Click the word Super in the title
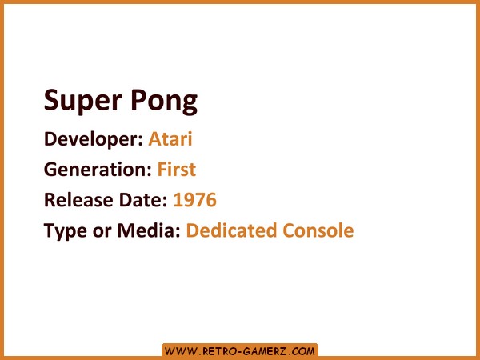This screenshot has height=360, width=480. (83, 102)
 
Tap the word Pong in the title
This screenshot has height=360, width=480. (164, 102)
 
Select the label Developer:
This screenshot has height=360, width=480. (94, 139)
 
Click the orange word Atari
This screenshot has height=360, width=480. (170, 138)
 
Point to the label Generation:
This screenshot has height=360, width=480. (98, 170)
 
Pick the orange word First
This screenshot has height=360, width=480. (177, 170)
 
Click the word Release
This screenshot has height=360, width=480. (78, 200)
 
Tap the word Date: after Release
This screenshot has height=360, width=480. (143, 200)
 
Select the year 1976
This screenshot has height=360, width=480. (195, 200)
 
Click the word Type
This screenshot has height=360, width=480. (66, 231)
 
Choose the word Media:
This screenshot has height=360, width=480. (149, 230)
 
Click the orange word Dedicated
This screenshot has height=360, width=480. (231, 230)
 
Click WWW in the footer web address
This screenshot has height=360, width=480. (181, 351)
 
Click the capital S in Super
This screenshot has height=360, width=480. (51, 100)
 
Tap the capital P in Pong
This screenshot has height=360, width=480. (138, 100)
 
